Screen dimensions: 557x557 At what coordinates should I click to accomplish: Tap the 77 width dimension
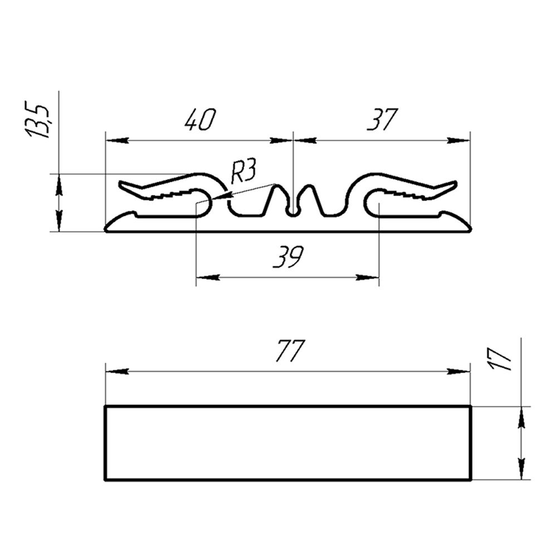tap(290, 351)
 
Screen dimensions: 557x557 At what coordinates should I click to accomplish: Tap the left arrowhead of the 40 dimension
tap(117, 141)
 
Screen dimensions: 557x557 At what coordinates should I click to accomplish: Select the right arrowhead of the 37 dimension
tap(459, 141)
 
